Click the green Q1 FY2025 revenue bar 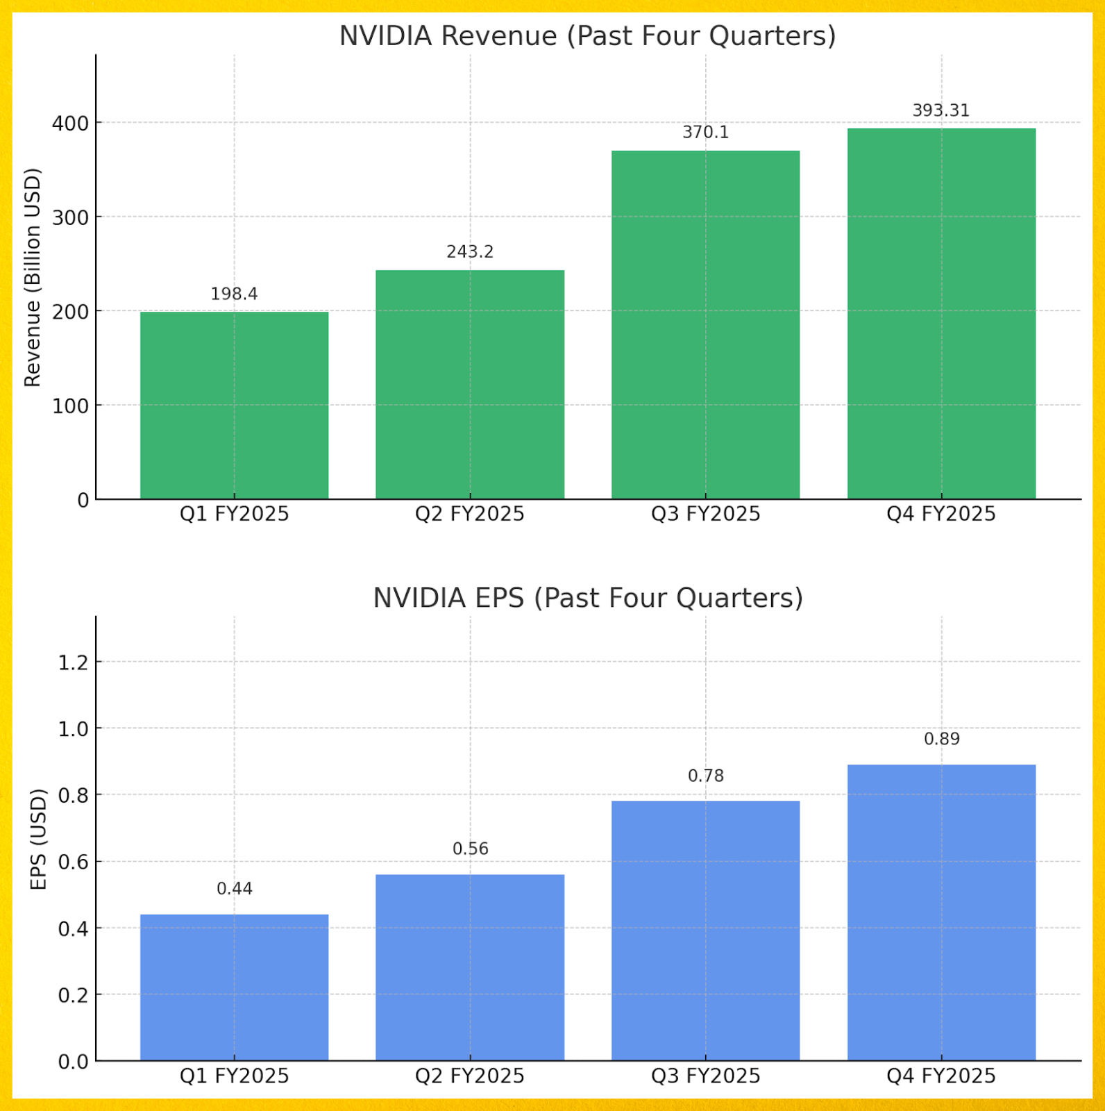tap(234, 406)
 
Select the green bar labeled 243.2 tap(470, 385)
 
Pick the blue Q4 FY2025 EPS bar tap(941, 912)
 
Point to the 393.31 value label tap(940, 110)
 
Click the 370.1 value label tap(705, 132)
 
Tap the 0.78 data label tap(705, 776)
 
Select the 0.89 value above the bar tap(941, 739)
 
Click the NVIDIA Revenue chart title tap(587, 36)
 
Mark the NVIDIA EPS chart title tap(587, 598)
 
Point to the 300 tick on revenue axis tap(71, 217)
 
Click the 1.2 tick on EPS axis tap(74, 662)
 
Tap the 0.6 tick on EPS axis tap(74, 862)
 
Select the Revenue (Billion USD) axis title tap(33, 277)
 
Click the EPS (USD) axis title tap(38, 839)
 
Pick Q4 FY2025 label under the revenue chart tap(940, 515)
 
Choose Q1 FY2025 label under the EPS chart tap(234, 1076)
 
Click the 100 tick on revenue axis tap(71, 406)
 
